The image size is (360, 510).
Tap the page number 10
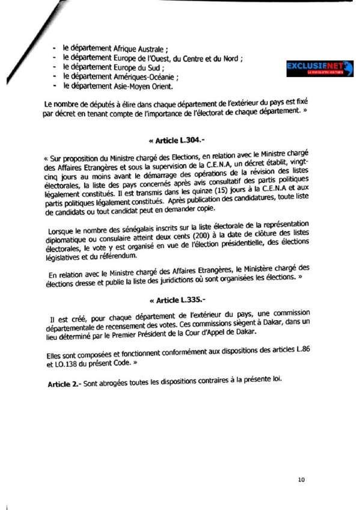(302, 479)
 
